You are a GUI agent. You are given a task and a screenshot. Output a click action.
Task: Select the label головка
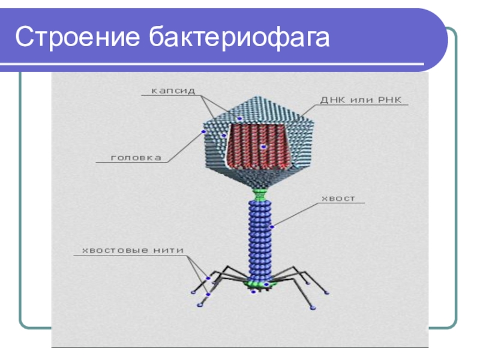(136, 158)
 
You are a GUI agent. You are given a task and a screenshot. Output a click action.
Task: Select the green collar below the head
(260, 194)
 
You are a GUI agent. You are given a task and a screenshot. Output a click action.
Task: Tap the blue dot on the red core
(262, 146)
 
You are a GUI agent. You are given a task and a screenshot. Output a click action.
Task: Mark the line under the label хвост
(342, 203)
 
